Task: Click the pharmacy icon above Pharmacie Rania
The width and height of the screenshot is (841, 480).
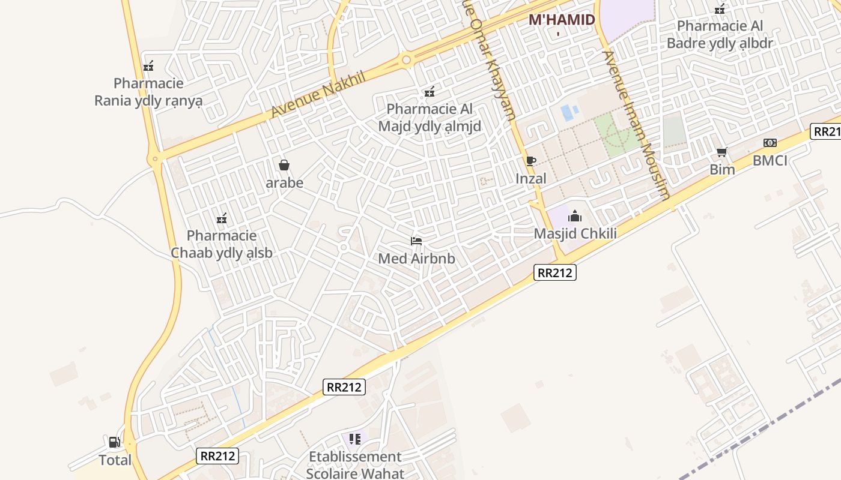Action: pyautogui.click(x=148, y=66)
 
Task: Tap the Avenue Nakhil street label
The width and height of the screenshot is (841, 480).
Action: pyautogui.click(x=310, y=94)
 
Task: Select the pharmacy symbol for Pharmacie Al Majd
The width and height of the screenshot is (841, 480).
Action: pyautogui.click(x=430, y=92)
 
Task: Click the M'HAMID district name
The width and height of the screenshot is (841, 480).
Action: pyautogui.click(x=562, y=20)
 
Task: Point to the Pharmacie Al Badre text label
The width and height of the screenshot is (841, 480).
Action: pyautogui.click(x=720, y=35)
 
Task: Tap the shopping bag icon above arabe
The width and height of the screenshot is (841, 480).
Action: pyautogui.click(x=284, y=165)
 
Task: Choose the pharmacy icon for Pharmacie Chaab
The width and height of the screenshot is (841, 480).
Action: pyautogui.click(x=222, y=218)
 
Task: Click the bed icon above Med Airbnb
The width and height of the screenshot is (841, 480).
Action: pyautogui.click(x=416, y=241)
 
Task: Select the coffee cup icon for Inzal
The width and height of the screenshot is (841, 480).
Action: pyautogui.click(x=530, y=161)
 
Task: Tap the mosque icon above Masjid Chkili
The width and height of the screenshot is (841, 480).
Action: pyautogui.click(x=575, y=216)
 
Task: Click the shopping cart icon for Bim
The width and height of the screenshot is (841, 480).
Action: pyautogui.click(x=721, y=152)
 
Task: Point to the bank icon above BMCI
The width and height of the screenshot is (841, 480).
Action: pyautogui.click(x=770, y=143)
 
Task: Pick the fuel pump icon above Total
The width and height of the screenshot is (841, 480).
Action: pyautogui.click(x=114, y=443)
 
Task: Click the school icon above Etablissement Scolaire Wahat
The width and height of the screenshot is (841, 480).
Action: pyautogui.click(x=354, y=439)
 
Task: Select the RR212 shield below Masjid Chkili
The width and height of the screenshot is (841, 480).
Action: pyautogui.click(x=554, y=273)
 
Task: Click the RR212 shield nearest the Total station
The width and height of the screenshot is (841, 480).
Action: pyautogui.click(x=217, y=456)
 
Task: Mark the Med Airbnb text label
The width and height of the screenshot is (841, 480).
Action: pyautogui.click(x=416, y=259)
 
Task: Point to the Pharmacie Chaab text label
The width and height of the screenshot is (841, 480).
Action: pyautogui.click(x=222, y=244)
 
